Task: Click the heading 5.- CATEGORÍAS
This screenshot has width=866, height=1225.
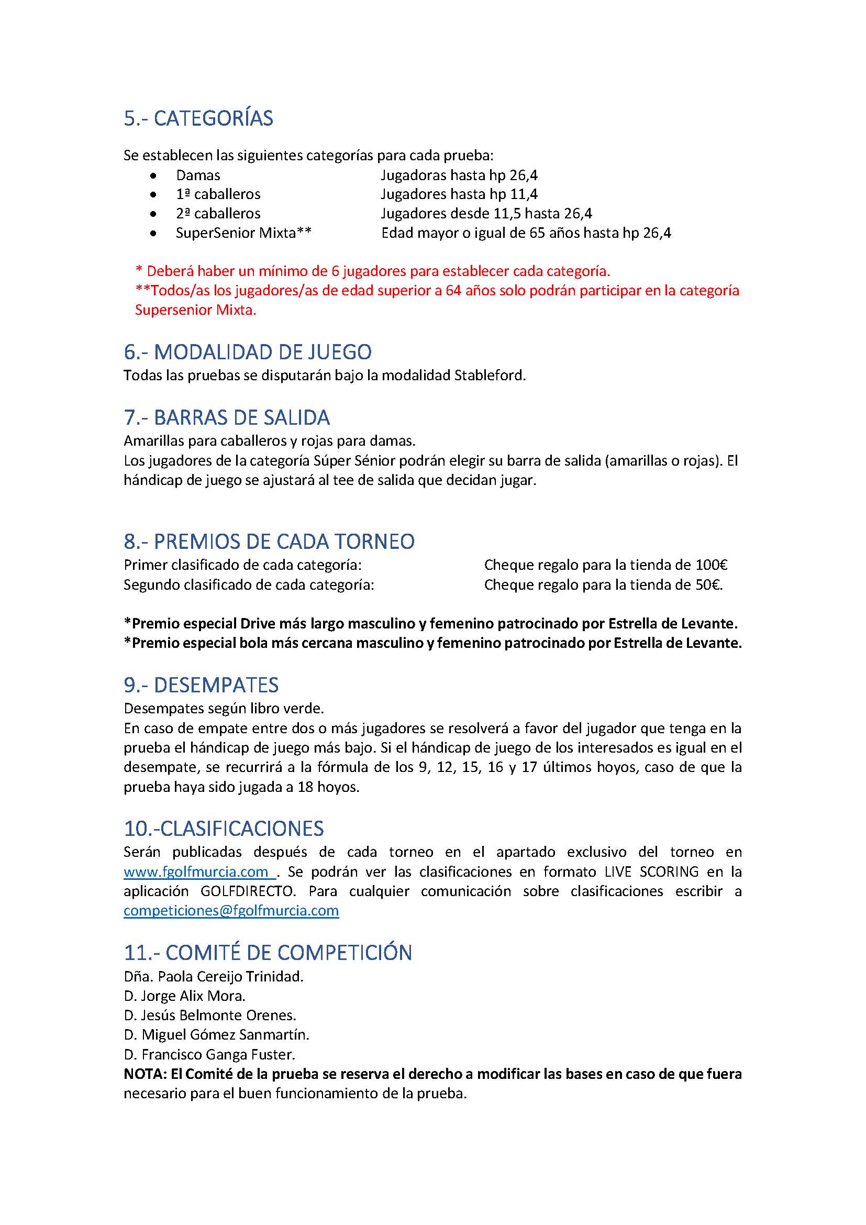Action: point(198,118)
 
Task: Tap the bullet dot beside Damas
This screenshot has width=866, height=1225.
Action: point(153,175)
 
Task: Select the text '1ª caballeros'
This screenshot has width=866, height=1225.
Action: point(218,194)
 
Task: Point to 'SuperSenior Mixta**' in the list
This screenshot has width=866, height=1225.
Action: point(243,233)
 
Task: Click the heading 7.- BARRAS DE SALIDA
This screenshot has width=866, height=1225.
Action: point(227,418)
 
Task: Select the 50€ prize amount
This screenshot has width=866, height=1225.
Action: point(709,586)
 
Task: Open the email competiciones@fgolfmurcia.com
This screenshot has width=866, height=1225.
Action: point(231,910)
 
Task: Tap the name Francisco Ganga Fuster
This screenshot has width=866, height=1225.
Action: point(218,1055)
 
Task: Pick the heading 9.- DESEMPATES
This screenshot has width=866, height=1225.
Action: point(201,686)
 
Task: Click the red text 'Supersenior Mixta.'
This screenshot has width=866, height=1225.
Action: point(196,311)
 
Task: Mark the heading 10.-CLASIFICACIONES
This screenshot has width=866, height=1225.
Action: point(224,829)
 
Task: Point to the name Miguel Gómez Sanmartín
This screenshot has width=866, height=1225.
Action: point(225,1035)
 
